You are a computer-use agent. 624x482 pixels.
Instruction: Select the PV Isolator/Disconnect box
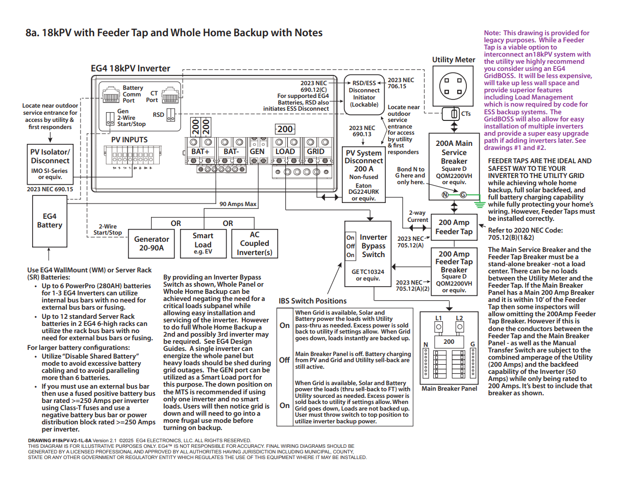49,164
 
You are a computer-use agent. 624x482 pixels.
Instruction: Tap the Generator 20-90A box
152,243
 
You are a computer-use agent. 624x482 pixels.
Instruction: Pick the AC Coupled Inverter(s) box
254,243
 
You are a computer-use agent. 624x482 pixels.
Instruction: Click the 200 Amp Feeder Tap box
454,227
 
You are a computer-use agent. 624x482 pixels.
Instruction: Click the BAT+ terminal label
201,151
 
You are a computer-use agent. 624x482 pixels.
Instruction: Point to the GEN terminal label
257,151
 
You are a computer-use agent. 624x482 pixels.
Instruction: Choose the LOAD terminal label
285,151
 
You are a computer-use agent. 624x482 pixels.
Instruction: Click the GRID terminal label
315,151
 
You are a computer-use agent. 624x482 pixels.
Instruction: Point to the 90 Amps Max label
238,204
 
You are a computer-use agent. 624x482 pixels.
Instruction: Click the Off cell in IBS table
284,360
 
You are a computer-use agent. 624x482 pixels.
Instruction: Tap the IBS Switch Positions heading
312,301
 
